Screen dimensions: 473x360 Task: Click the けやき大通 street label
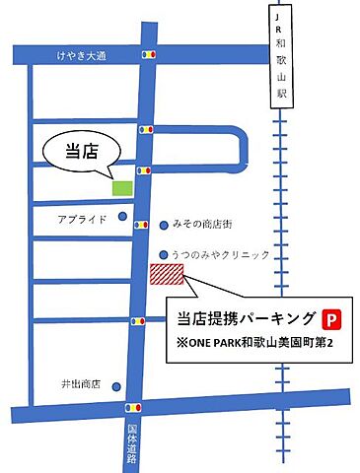81,58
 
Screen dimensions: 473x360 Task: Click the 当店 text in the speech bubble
78,151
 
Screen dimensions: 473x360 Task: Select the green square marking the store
123,186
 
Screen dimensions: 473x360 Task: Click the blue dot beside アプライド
122,217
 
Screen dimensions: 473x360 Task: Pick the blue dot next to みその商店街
164,225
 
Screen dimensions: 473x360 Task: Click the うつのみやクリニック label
220,254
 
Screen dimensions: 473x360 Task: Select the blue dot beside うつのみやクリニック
164,254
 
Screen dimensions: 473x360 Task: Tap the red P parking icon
332,318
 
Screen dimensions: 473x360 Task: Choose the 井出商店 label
78,384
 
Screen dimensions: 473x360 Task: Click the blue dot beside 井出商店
117,385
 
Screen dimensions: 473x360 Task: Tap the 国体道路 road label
133,444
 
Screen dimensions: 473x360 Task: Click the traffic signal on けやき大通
149,55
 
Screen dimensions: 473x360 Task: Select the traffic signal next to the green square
143,170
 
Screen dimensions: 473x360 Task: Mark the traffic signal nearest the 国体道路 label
133,406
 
